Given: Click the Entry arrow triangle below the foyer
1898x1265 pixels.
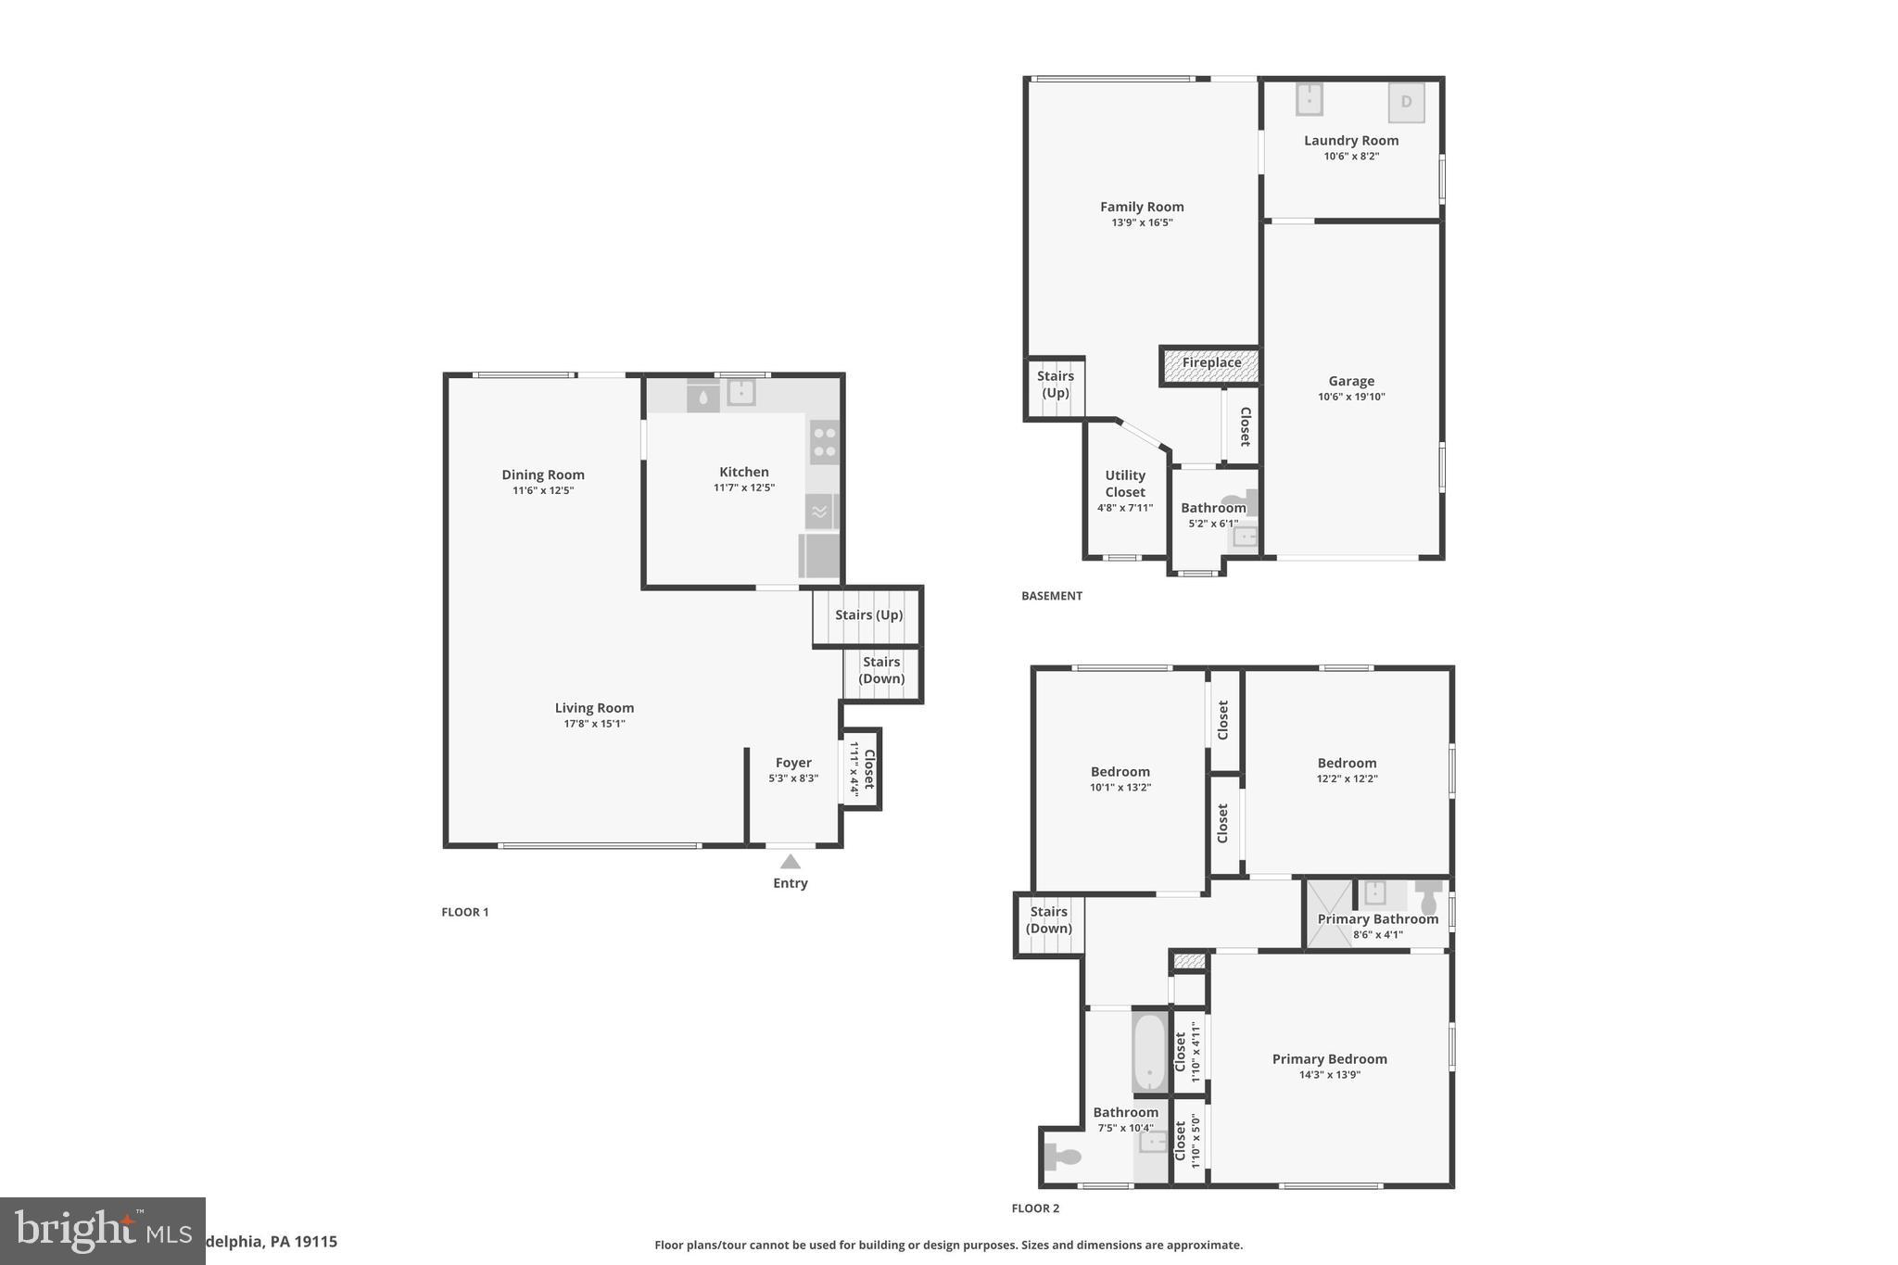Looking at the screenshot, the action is pos(791,862).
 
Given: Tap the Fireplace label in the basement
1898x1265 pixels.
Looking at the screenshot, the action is pos(1211,362).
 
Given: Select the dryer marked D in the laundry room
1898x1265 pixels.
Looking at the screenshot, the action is pos(1406,103).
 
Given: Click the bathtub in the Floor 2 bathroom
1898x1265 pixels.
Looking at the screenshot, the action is pos(1149,1053).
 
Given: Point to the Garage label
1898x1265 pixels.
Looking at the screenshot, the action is pos(1351,381).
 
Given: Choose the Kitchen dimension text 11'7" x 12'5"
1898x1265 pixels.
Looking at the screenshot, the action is pos(744,487).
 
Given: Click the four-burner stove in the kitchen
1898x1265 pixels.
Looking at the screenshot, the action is pos(824,442).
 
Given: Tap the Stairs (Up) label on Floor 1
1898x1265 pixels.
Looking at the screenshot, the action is pos(868,614).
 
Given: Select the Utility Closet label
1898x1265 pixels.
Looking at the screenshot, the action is pos(1125,484).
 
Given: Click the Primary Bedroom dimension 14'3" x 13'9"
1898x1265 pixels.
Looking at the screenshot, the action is pos(1330,1075).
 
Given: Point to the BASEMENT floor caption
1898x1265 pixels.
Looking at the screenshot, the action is pos(1052,596).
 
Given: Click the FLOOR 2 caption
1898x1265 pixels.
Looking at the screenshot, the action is pos(1035,1208).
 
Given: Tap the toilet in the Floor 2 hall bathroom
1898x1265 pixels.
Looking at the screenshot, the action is pos(1062,1157).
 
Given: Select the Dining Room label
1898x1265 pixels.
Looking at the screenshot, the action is pos(543,474).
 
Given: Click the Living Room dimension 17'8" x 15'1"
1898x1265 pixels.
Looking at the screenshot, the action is pos(595,724).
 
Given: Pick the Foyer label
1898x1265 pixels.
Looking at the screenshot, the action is pos(793,763).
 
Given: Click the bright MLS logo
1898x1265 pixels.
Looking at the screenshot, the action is pos(103,1231).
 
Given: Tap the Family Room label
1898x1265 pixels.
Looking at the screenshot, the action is pos(1142,207).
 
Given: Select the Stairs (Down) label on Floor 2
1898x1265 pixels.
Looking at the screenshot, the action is pos(1049,920).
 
